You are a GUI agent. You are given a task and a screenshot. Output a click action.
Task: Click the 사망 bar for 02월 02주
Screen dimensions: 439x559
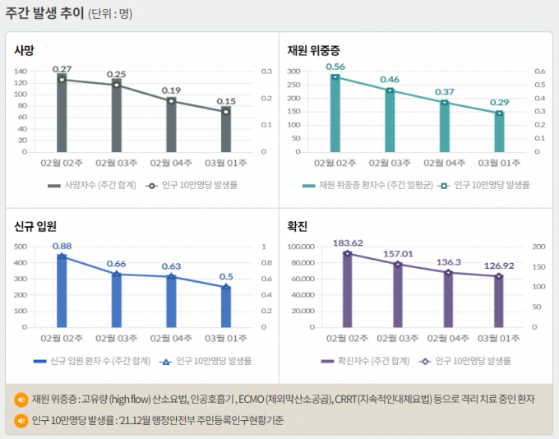(62, 115)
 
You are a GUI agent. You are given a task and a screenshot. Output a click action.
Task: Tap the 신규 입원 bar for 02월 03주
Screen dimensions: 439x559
(116, 300)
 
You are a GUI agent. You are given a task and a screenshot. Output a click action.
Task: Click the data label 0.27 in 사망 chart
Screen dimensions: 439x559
(62, 69)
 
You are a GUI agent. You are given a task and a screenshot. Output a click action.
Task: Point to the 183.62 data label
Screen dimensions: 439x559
(348, 243)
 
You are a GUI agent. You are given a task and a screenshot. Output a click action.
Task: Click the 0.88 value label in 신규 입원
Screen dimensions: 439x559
(62, 245)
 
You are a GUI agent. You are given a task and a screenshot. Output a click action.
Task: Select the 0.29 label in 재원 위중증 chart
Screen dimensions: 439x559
(499, 102)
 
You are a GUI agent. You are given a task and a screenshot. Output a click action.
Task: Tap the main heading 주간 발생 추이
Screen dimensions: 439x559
(44, 13)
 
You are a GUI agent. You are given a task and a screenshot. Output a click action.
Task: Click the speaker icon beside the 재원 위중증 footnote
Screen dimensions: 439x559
(21, 400)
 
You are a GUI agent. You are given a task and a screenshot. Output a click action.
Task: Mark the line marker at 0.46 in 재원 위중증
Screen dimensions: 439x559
(390, 90)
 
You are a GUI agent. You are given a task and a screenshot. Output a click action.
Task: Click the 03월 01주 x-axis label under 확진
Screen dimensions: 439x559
(499, 338)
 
